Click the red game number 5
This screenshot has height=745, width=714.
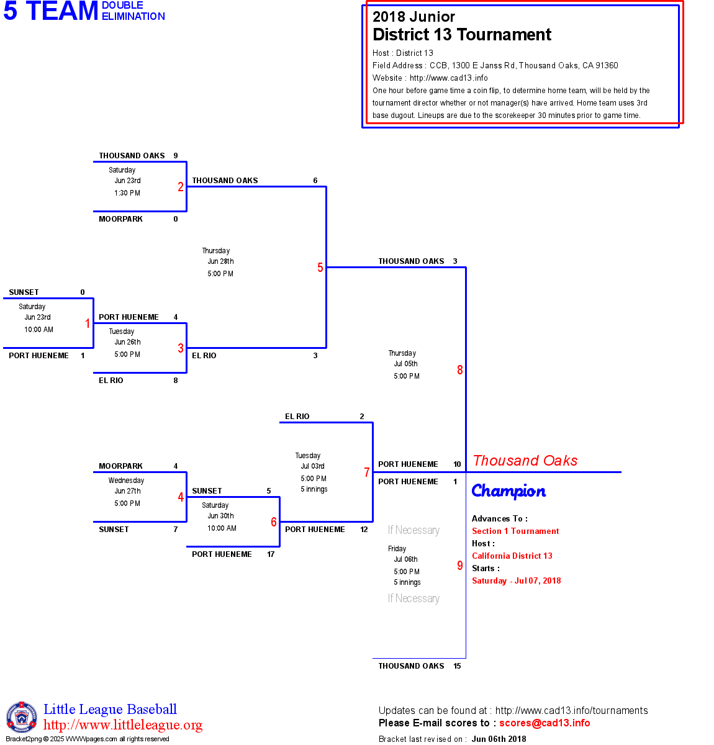point(320,268)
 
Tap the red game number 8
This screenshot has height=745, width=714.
point(460,370)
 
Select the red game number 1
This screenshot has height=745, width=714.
point(88,323)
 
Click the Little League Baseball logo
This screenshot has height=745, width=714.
point(22,718)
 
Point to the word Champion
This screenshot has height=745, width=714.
point(508,491)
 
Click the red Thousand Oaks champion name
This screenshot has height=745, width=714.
point(525,461)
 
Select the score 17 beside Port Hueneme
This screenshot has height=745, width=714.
point(271,554)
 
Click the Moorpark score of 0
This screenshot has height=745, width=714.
point(176,219)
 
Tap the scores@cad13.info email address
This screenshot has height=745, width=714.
point(545,723)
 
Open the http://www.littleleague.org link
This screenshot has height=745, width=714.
point(123,725)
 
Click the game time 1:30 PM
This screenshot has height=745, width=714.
point(127,193)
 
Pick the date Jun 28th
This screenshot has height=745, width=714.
point(220,261)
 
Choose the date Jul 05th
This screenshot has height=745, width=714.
point(405,364)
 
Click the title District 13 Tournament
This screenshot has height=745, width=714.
point(461,35)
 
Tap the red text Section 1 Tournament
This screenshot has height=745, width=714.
point(515,531)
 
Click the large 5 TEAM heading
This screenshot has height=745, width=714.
point(51,11)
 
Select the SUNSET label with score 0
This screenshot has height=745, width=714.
point(24,292)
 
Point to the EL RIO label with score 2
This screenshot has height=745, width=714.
point(297,417)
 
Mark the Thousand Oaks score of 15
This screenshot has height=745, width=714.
point(457,666)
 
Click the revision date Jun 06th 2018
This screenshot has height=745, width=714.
point(499,739)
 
